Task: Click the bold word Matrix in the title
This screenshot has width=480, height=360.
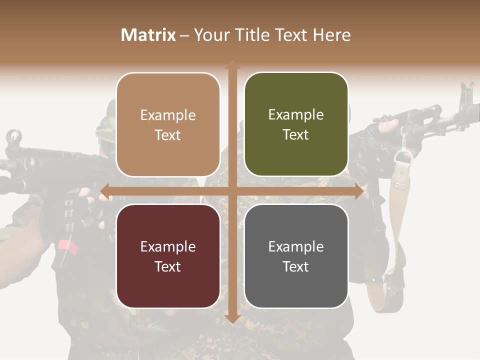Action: [148, 35]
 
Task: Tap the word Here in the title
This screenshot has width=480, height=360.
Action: [331, 35]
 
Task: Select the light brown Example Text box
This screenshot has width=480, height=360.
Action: [168, 124]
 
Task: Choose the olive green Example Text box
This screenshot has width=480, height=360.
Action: [296, 124]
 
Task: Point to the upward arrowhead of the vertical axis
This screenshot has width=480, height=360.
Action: [232, 64]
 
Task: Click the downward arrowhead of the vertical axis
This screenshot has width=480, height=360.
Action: [232, 319]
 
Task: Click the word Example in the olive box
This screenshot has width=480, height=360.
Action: [296, 114]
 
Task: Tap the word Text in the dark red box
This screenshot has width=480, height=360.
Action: [168, 266]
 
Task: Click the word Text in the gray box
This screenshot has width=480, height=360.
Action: [296, 266]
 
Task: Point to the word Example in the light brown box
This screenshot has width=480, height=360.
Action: [168, 115]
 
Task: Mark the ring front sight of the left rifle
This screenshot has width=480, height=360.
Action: [14, 136]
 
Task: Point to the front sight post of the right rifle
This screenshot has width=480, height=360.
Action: [467, 92]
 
